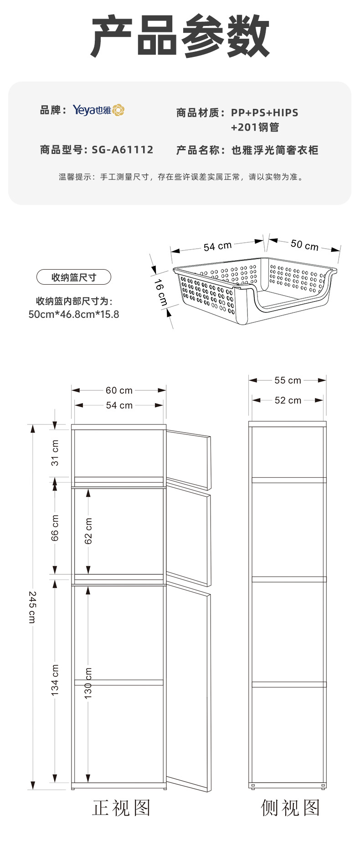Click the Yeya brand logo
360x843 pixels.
[98, 110]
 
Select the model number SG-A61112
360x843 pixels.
[122, 150]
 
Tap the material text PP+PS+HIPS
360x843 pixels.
[264, 112]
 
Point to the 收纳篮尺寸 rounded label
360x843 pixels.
[73, 277]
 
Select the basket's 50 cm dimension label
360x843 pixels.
[304, 245]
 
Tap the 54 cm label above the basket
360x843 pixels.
[217, 246]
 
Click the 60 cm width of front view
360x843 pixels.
[119, 390]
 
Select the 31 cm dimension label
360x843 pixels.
[55, 453]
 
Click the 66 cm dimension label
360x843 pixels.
[55, 528]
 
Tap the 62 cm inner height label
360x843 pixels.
[88, 531]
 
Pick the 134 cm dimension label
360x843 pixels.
[55, 680]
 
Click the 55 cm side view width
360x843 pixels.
[288, 380]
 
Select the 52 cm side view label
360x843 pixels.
[288, 400]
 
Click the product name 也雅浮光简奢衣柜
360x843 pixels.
[275, 150]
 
